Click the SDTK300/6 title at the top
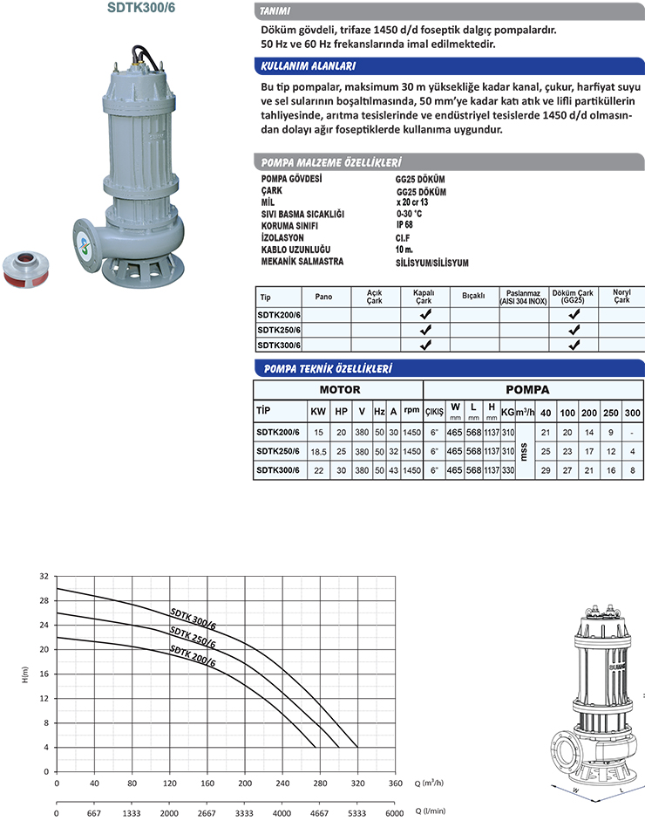pos(137,8)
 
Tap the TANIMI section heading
pos(276,11)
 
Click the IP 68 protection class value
pos(404,224)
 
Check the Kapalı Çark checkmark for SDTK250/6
pos(424,331)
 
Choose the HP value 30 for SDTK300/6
pos(341,471)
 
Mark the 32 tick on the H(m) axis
pos(44,577)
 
